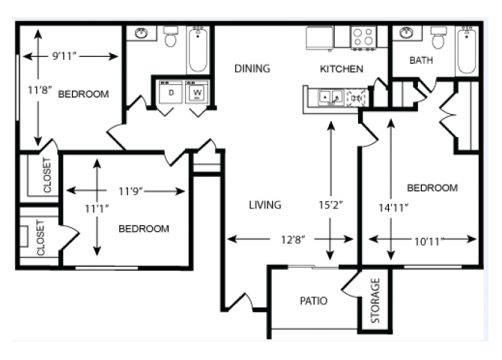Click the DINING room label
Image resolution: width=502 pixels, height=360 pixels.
[252, 68]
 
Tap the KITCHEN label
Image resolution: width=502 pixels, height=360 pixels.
[342, 69]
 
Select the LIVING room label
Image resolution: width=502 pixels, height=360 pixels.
[265, 205]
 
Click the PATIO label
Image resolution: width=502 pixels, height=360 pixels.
[313, 301]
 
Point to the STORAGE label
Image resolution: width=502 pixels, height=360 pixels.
[376, 301]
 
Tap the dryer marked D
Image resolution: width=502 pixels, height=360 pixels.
[171, 92]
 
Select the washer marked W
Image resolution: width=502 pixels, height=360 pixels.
[198, 92]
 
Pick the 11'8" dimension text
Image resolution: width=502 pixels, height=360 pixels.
[38, 89]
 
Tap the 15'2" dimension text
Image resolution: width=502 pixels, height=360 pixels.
[331, 203]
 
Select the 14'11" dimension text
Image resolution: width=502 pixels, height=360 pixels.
[394, 208]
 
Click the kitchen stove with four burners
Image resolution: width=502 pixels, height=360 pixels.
[363, 37]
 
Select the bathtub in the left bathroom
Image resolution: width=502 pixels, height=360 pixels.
[199, 49]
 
